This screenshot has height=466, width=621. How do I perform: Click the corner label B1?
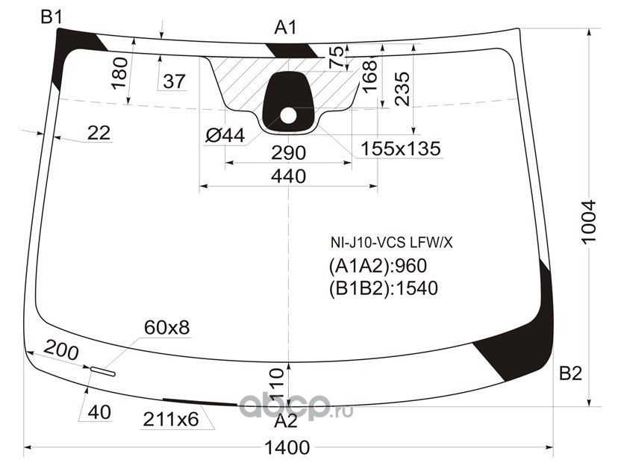point(52,17)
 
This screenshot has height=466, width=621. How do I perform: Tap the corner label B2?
point(570,373)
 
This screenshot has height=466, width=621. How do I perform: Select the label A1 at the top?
point(285,28)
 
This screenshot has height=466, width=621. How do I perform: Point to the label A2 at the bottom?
point(286,421)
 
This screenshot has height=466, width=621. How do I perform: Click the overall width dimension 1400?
point(287,448)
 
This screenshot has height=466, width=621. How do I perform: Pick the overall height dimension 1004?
point(589,222)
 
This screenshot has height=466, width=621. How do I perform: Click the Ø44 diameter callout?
point(225,135)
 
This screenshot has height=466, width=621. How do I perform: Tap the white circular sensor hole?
point(288,116)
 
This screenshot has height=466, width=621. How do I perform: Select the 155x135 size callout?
point(400,149)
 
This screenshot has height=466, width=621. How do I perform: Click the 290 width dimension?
point(288,153)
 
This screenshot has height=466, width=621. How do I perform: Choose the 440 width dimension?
point(288,176)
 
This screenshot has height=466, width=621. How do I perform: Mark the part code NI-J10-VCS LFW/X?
point(392,243)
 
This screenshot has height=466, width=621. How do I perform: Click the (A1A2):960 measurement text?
point(378,266)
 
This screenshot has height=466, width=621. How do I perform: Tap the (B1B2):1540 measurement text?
point(384,288)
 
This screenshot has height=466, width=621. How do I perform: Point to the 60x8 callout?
point(166,328)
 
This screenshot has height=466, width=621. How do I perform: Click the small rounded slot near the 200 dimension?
point(103,371)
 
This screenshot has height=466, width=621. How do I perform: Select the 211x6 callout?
point(171,419)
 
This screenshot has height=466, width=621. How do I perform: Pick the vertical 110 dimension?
point(276,383)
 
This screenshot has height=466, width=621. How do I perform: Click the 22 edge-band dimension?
point(99,133)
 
